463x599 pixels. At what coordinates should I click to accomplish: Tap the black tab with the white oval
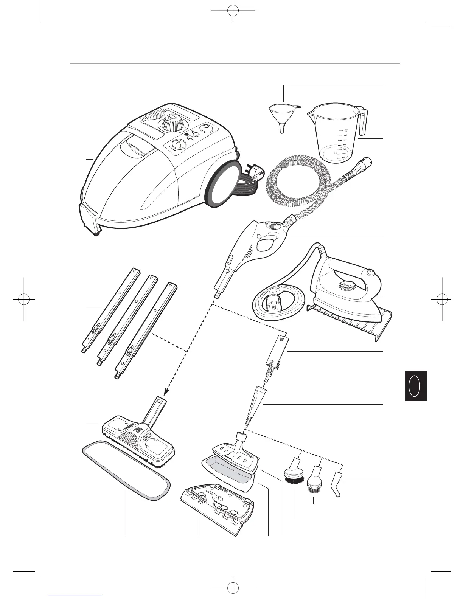tap(415, 386)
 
